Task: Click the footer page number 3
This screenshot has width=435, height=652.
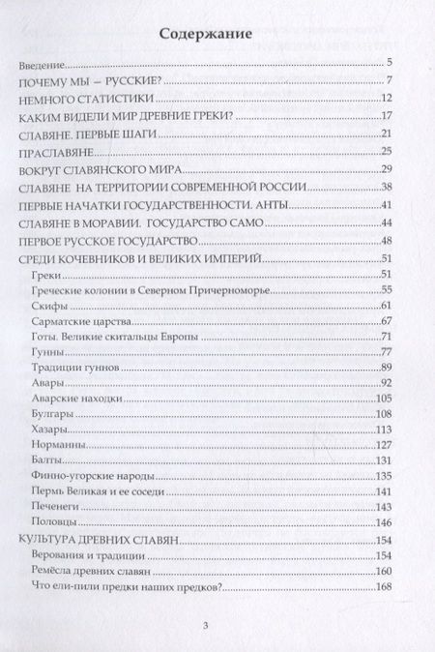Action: click(x=218, y=624)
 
